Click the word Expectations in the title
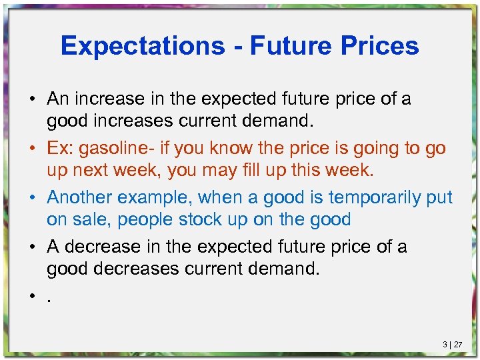click(143, 45)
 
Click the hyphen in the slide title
click(237, 47)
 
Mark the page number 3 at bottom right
click(445, 345)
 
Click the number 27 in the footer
click(458, 345)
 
